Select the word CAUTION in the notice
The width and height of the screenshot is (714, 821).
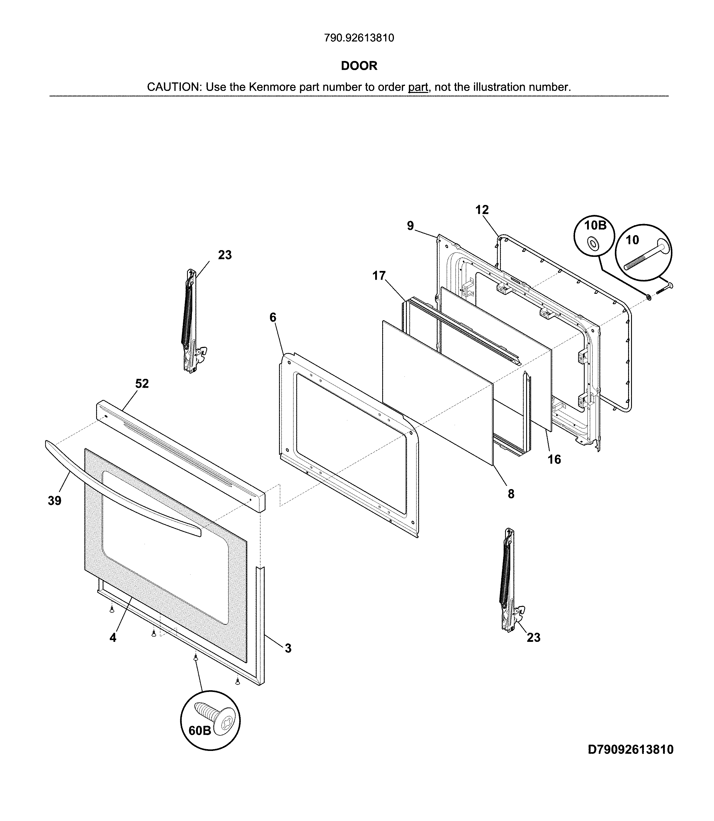click(x=174, y=87)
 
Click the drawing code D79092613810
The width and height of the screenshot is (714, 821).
click(x=631, y=750)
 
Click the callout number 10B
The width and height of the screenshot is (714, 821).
click(x=595, y=225)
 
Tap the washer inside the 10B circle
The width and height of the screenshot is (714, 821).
click(x=592, y=243)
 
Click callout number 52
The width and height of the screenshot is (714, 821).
click(x=142, y=384)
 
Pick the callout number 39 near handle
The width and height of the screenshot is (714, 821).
click(x=55, y=501)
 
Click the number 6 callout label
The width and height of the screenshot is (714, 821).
click(x=273, y=317)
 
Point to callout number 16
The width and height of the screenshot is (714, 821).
click(x=554, y=459)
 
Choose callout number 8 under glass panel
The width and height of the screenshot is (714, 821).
click(x=511, y=494)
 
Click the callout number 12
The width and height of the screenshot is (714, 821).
click(x=482, y=210)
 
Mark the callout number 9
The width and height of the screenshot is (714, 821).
click(x=410, y=226)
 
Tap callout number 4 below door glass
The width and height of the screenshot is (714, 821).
click(x=113, y=638)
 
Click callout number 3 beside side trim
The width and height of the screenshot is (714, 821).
click(x=288, y=648)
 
